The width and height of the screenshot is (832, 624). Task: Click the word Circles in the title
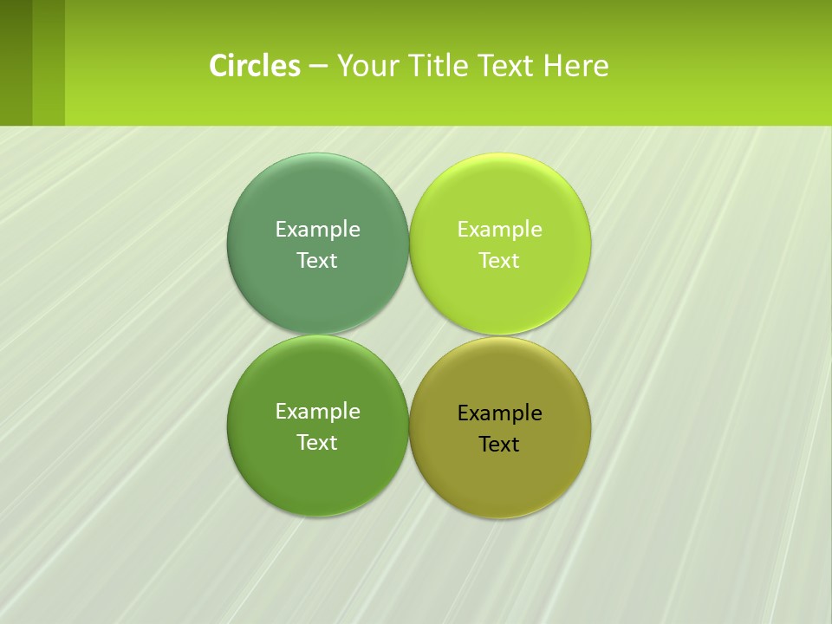(x=255, y=66)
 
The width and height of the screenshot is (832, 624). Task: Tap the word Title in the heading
(x=439, y=66)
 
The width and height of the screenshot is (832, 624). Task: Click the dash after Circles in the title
(x=318, y=67)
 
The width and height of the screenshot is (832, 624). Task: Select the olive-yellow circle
(x=500, y=485)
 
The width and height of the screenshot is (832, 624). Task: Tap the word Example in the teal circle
(x=317, y=229)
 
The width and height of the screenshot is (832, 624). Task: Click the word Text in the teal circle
(x=317, y=260)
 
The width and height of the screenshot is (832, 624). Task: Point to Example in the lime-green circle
(x=499, y=229)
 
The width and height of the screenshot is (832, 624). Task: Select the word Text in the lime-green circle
(x=499, y=260)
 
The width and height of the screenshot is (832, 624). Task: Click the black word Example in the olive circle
(x=499, y=413)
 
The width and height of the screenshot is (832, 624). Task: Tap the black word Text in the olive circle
(x=499, y=444)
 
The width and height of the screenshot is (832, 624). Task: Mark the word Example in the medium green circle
(x=317, y=411)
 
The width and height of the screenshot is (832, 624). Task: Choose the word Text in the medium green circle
(x=317, y=442)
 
